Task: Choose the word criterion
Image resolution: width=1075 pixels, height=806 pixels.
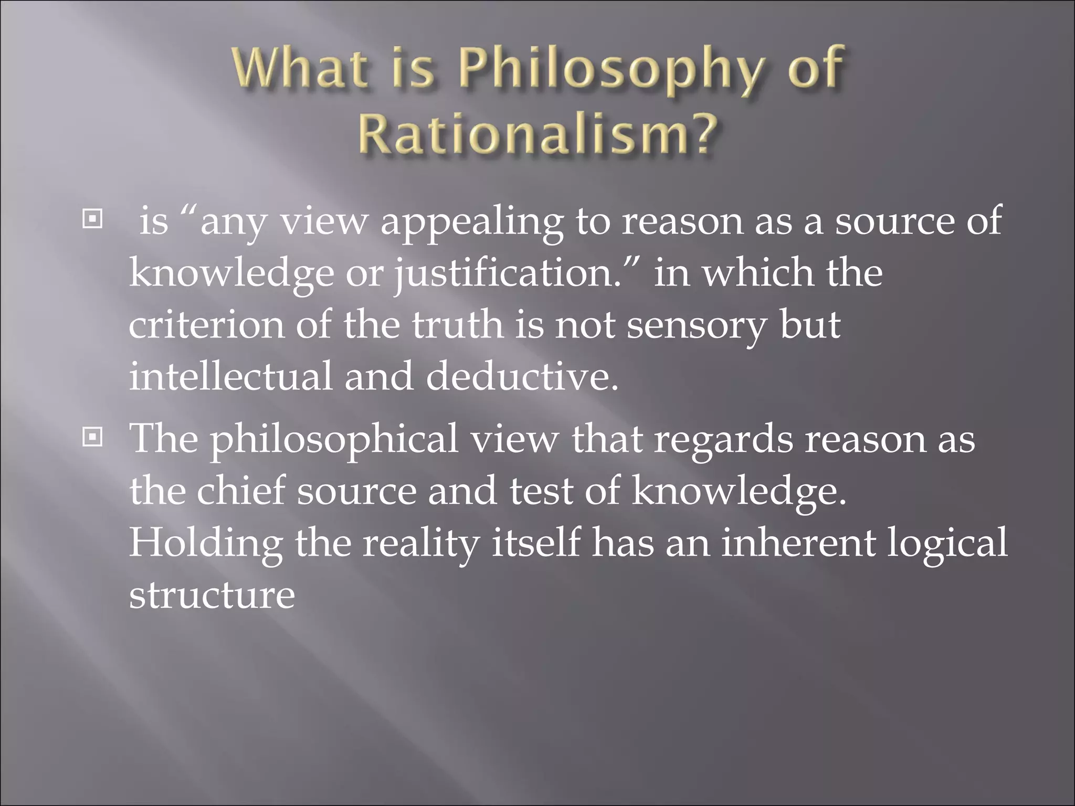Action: point(206,325)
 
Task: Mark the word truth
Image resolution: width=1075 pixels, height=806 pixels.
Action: point(456,325)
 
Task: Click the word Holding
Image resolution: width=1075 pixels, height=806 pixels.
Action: point(206,544)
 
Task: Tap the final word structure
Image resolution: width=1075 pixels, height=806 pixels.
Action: point(212,595)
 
